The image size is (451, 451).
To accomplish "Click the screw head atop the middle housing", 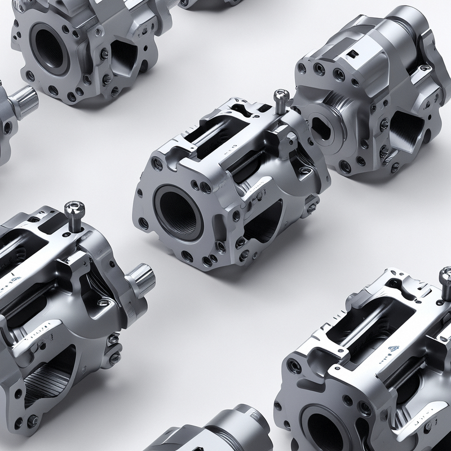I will tap(280, 96).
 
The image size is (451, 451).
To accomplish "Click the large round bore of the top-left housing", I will tap(50, 46).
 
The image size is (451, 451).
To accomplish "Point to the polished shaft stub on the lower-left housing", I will tap(139, 277).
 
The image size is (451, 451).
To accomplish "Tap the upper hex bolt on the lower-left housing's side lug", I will tap(113, 339).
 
